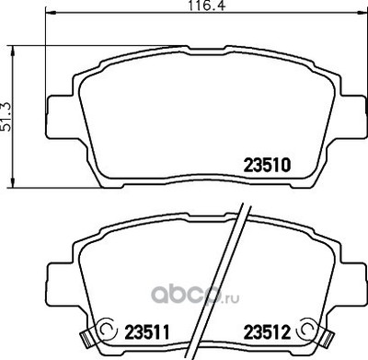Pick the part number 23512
point(266,327)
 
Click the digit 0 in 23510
point(286,167)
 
